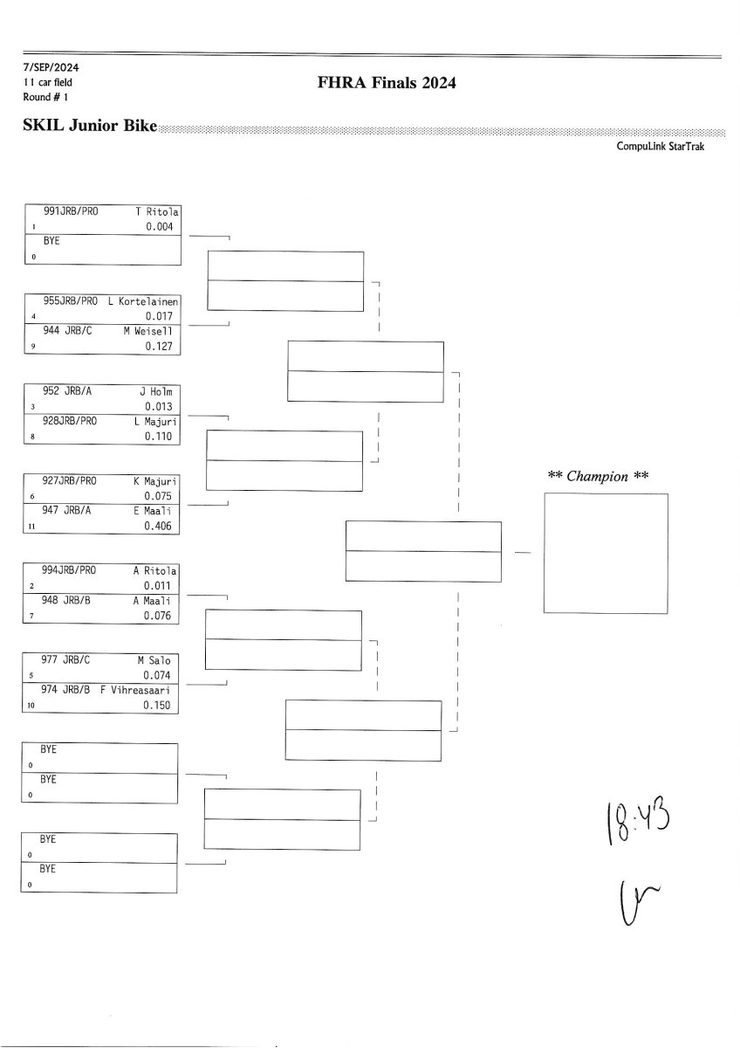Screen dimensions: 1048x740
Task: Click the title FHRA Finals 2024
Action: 388,84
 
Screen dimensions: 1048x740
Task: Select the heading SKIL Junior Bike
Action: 90,127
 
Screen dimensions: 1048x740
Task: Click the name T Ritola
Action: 157,212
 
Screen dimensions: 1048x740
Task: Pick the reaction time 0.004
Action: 160,227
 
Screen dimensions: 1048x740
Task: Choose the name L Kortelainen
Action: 143,301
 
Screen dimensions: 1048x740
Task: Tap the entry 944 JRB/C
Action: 66,331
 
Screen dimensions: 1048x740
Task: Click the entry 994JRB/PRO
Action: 70,570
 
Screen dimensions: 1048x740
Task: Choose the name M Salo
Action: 155,660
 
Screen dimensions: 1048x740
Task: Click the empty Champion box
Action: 606,553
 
